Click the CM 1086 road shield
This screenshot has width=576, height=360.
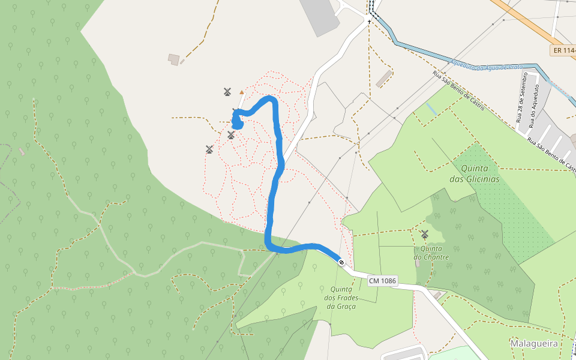click(x=382, y=281)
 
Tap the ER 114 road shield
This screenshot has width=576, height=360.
click(x=563, y=50)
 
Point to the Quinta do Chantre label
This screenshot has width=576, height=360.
click(x=431, y=253)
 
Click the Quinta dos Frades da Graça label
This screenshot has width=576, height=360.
click(x=341, y=298)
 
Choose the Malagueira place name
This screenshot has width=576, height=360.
click(x=533, y=343)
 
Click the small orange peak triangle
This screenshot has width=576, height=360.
click(x=242, y=92)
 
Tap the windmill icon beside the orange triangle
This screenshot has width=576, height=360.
click(x=227, y=92)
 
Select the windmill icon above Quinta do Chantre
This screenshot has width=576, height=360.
click(x=425, y=234)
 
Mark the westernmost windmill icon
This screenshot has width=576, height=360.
click(x=209, y=149)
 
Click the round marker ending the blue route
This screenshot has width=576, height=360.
click(x=341, y=262)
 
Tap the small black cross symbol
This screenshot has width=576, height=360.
click(x=370, y=22)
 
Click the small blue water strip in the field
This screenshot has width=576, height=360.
click(x=431, y=109)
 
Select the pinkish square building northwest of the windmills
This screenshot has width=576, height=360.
click(x=174, y=59)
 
